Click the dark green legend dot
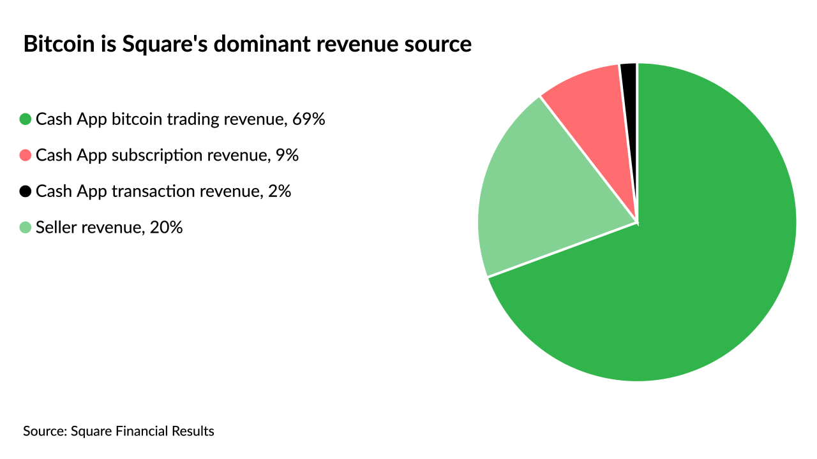tap(26, 119)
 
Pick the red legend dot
tap(26, 155)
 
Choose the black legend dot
tap(26, 191)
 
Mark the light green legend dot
tap(26, 227)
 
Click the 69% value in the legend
tap(309, 119)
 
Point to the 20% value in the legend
tap(166, 227)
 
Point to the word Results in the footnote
tap(193, 431)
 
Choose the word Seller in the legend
tap(53, 227)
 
